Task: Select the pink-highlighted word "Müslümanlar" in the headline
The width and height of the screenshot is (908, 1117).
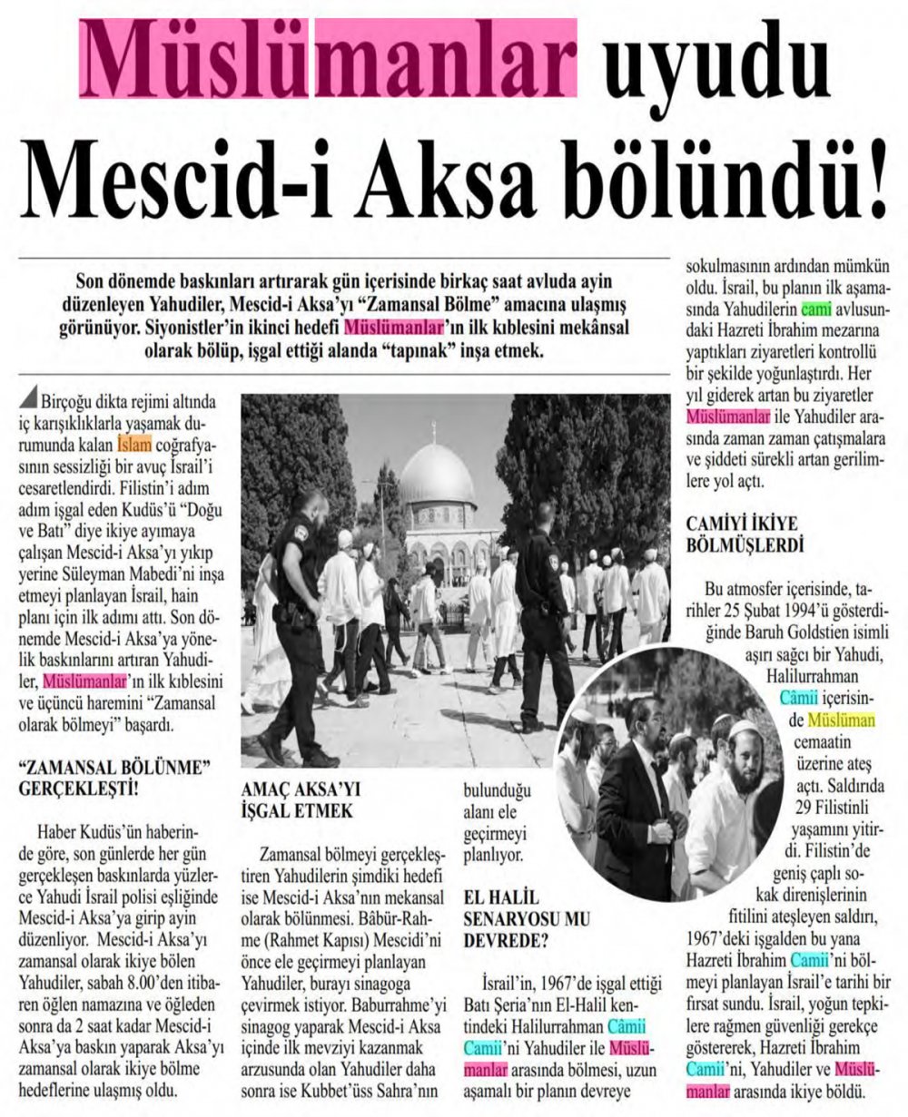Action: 329,61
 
